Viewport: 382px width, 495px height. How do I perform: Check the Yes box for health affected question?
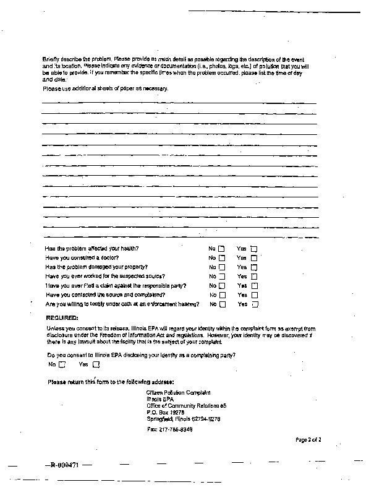pos(253,249)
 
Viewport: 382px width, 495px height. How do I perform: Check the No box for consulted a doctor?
pos(221,258)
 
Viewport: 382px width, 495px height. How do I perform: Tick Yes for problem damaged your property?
pos(253,267)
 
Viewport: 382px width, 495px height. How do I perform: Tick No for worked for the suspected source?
pos(221,277)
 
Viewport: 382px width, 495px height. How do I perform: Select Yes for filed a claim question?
pos(254,286)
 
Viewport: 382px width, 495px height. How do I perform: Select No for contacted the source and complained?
pos(221,295)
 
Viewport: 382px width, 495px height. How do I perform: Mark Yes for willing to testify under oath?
pos(254,304)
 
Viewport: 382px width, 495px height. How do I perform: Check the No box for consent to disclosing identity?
pos(62,364)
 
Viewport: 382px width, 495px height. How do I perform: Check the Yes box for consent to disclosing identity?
pos(95,364)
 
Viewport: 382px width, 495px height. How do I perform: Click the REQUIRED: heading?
pos(62,317)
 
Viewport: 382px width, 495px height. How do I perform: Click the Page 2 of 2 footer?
pos(308,439)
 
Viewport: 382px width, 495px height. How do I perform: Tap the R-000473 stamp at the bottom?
pos(61,465)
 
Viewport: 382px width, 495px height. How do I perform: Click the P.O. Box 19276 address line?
pos(164,411)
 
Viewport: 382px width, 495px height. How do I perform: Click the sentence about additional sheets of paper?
pos(105,88)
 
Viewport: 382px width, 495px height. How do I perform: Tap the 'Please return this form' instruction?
pos(111,381)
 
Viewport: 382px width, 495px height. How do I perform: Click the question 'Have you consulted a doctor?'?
pos(82,258)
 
